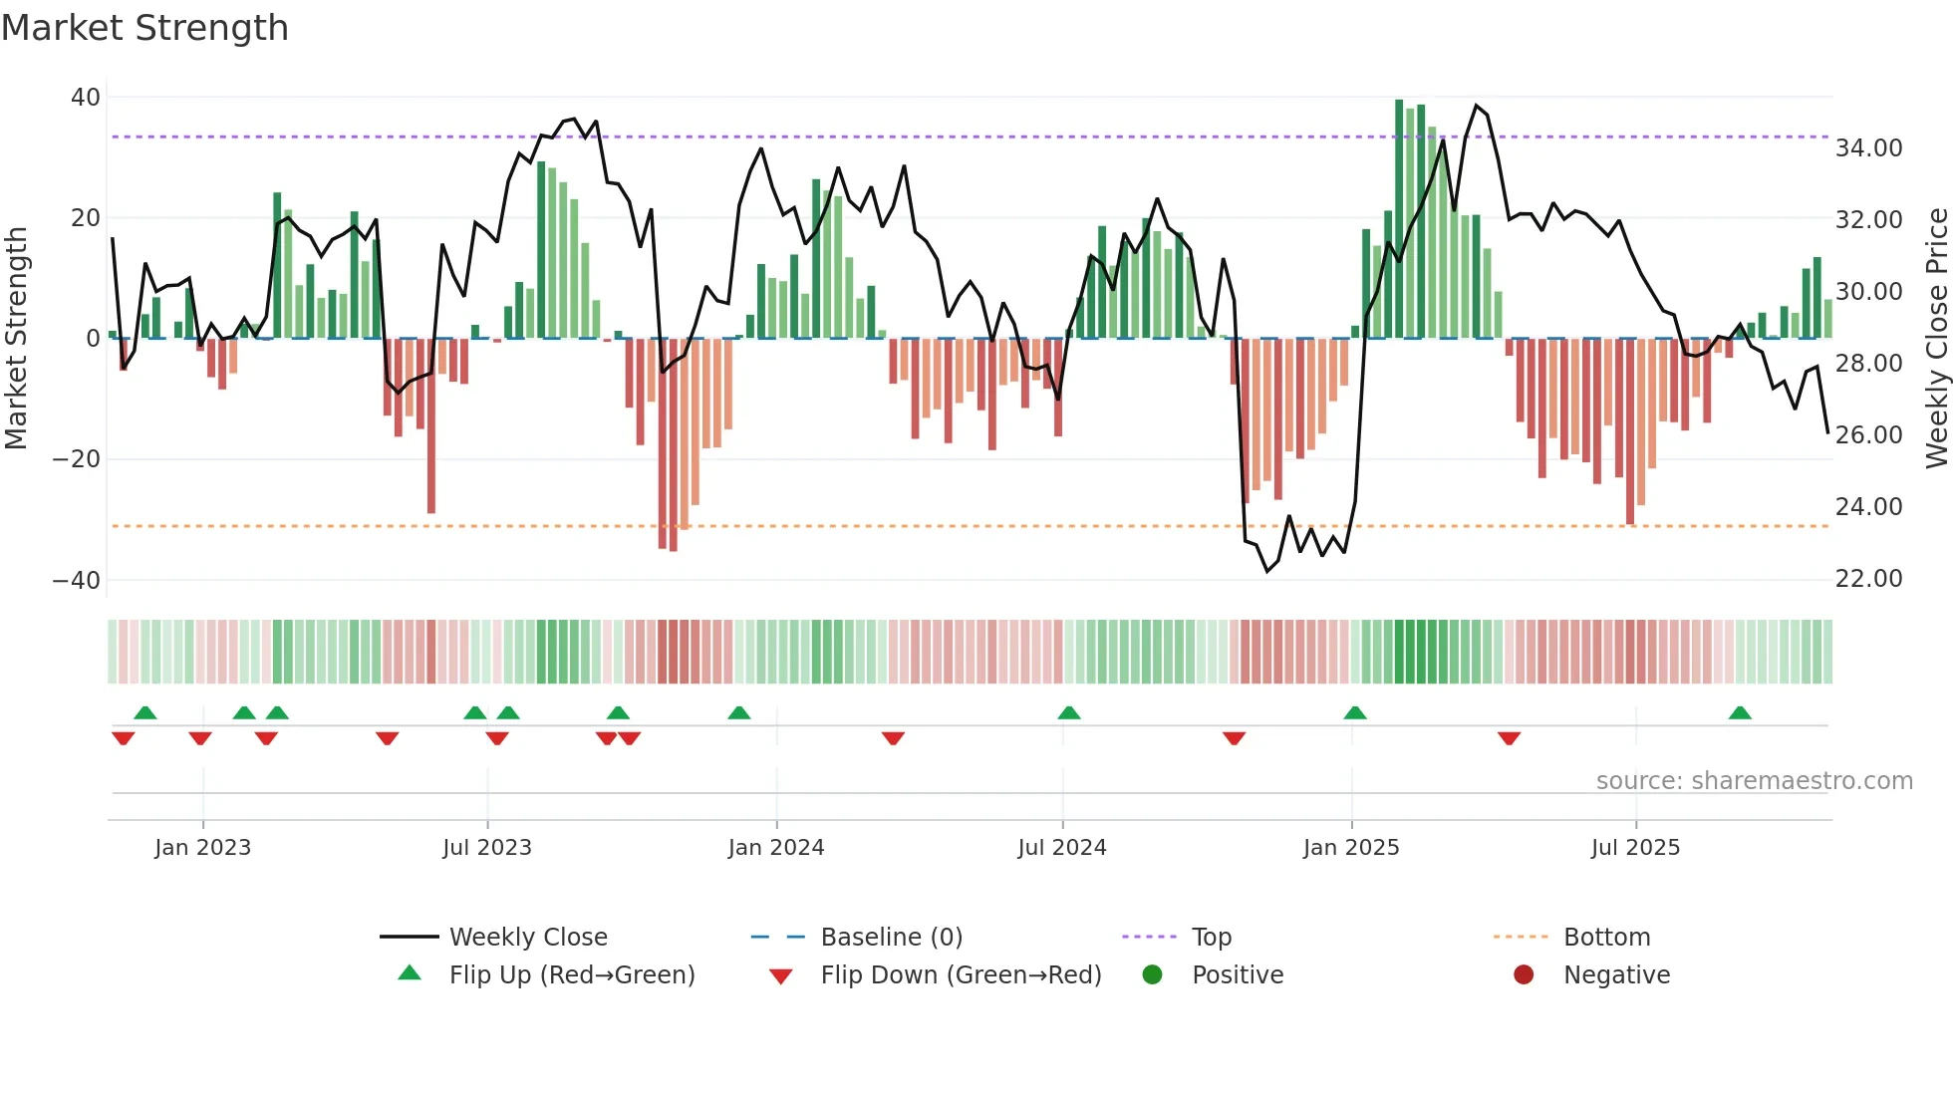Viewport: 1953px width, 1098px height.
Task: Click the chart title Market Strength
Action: coord(144,28)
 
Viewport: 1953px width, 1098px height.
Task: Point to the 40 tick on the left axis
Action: coord(86,98)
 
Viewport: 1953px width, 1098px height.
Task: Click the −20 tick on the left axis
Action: coord(77,459)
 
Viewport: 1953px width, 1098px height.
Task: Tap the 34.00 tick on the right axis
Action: coord(1868,148)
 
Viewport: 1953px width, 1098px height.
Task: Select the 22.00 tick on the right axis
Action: coord(1868,579)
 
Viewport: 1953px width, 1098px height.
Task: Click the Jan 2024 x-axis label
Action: coord(776,848)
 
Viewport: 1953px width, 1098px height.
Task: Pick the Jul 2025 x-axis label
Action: coord(1635,848)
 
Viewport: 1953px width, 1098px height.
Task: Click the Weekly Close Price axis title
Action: coord(1936,339)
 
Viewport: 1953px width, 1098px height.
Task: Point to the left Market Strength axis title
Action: coord(16,339)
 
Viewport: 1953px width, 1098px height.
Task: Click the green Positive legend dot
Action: coord(1153,975)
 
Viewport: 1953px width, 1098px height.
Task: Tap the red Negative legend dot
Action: coord(1524,975)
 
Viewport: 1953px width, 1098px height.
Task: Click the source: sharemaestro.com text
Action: coord(1754,781)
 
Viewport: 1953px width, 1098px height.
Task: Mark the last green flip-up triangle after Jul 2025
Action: coord(1740,713)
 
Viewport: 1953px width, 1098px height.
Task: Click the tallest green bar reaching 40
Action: coord(1399,219)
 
